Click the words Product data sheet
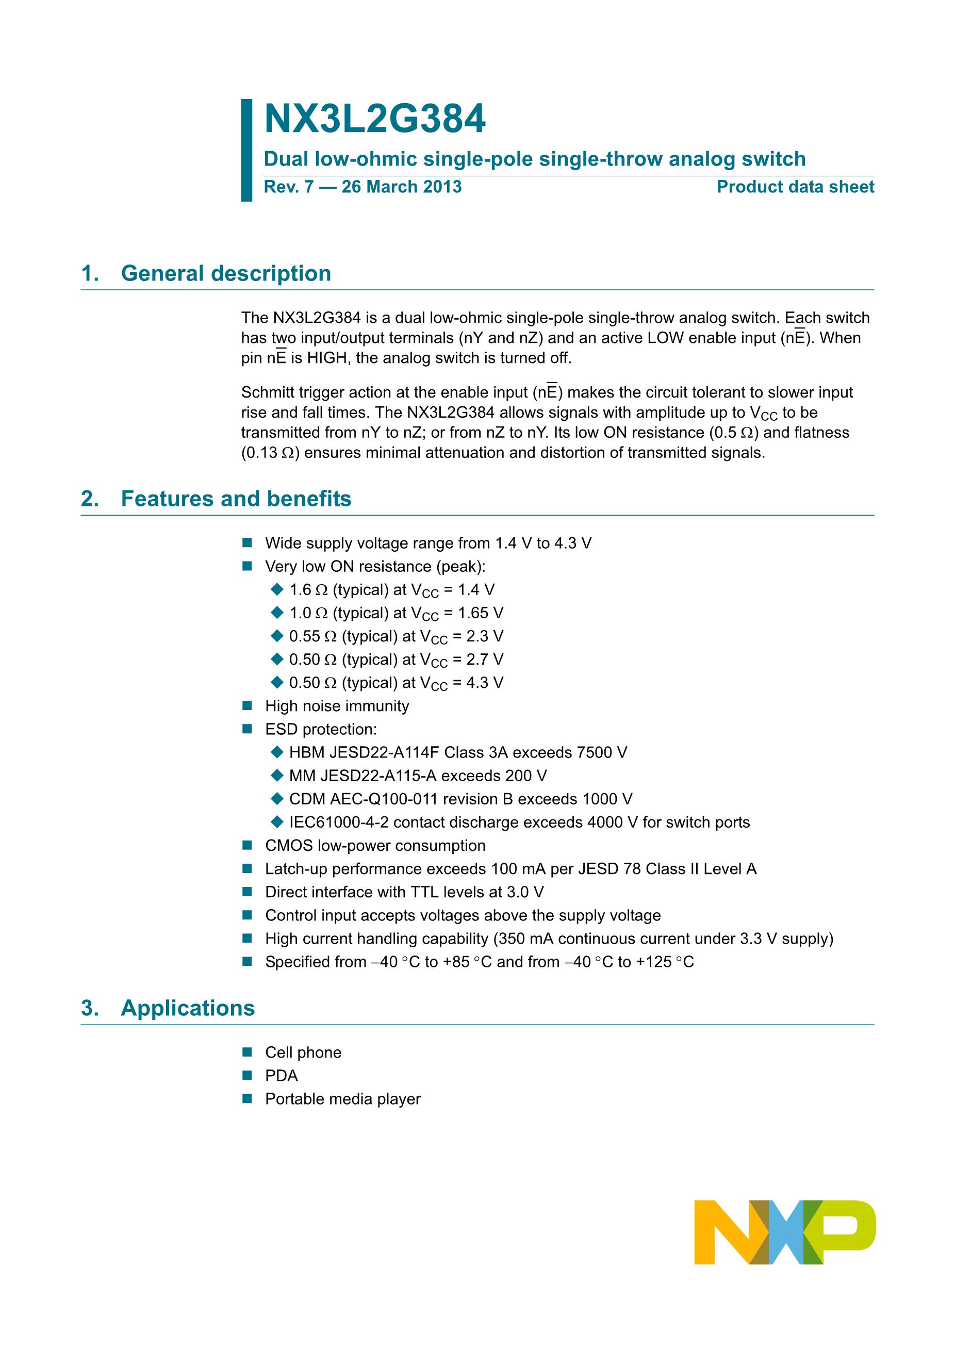click(795, 187)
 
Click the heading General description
click(226, 274)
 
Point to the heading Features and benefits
click(236, 499)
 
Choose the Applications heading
click(188, 1008)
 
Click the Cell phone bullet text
click(303, 1052)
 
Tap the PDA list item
click(281, 1076)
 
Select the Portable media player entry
click(342, 1099)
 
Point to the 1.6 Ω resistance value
click(308, 589)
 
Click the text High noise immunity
click(337, 706)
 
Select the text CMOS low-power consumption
click(375, 846)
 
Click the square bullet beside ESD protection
click(247, 730)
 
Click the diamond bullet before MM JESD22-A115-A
click(277, 776)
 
